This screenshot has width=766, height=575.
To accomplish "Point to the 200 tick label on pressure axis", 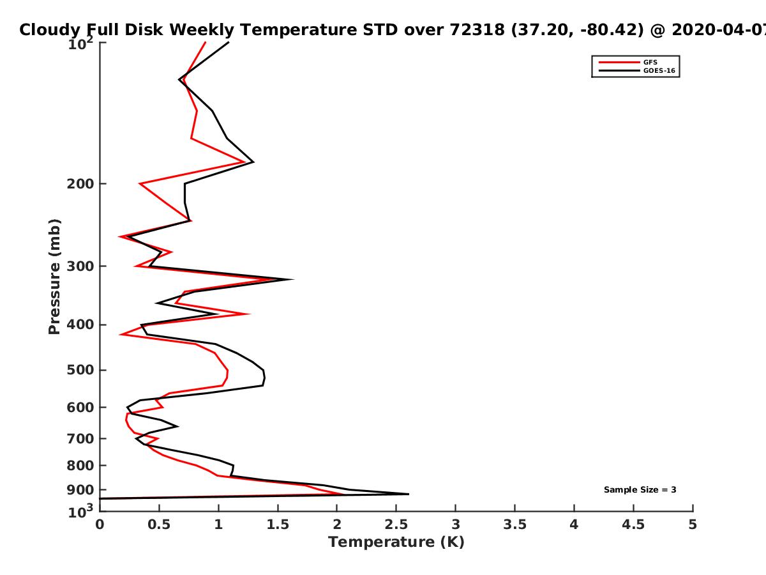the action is tap(80, 183).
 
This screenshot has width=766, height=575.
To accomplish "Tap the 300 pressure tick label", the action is tap(80, 266).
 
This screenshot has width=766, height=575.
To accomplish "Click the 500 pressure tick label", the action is tap(80, 370).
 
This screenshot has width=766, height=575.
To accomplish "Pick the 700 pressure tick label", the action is tap(80, 438).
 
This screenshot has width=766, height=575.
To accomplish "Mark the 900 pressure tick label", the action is tap(80, 490).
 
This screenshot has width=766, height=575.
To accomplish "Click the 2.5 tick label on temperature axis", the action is tap(396, 525).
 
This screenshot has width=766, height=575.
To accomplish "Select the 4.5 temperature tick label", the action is tap(633, 525).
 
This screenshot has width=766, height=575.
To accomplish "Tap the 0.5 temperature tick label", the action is tap(159, 525).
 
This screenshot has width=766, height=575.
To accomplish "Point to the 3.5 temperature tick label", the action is tap(514, 525).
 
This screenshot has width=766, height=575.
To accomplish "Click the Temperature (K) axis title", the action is tap(396, 542).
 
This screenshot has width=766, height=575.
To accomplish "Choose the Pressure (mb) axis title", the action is tap(54, 277).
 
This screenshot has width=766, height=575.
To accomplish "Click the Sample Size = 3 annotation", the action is tap(640, 490).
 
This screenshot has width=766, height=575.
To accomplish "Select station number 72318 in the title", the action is tap(477, 29).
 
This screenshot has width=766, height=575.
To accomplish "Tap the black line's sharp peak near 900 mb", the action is tap(409, 494).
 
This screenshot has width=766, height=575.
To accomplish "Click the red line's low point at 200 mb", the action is tap(140, 183).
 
